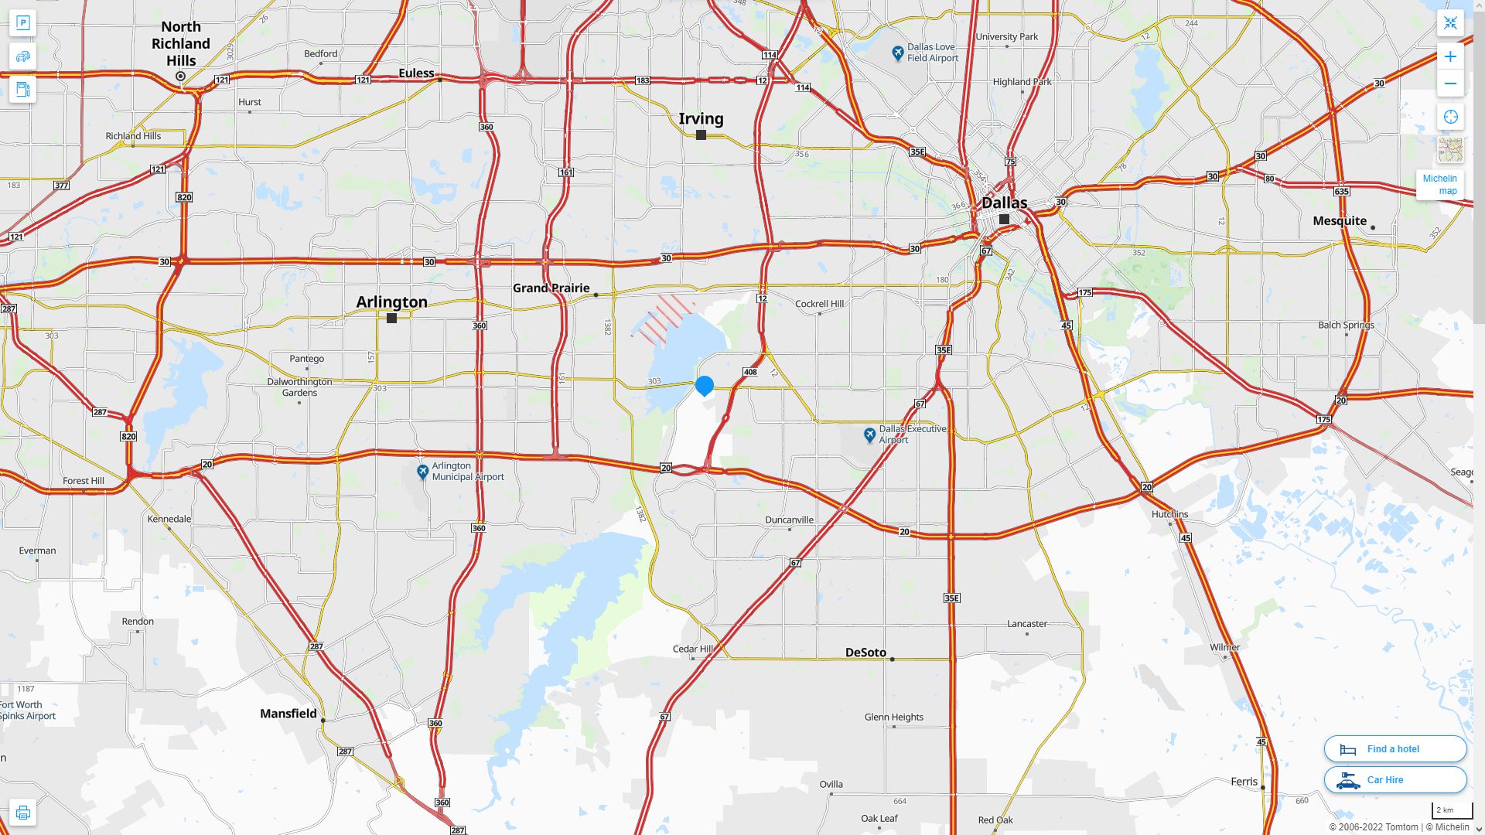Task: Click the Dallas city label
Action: point(1004,203)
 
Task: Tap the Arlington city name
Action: point(391,302)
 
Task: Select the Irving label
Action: point(701,118)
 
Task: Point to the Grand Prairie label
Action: point(551,288)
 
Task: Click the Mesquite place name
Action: point(1340,220)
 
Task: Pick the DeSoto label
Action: point(865,653)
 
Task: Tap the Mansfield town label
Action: point(288,714)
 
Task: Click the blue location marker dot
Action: point(704,384)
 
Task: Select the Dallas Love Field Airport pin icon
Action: point(897,53)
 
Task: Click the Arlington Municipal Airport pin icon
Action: point(422,471)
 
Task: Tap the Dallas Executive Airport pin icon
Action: point(869,435)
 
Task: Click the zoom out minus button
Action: point(1450,83)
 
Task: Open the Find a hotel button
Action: point(1395,748)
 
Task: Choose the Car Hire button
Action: point(1395,780)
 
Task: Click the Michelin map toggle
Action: point(1439,184)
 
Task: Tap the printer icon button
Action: point(22,813)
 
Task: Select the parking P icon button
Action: point(22,22)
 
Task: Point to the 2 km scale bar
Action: point(1452,810)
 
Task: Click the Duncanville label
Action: point(789,520)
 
